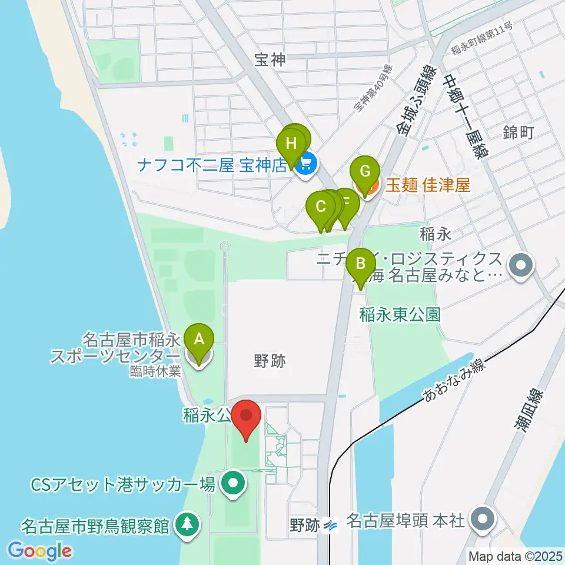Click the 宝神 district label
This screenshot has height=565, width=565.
[x=270, y=59]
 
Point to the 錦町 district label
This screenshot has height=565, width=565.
[x=518, y=132]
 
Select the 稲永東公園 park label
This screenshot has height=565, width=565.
[x=400, y=314]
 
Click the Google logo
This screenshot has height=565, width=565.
[x=40, y=551]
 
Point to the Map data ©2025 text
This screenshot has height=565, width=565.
[x=515, y=556]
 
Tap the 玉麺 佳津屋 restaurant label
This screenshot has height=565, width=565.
[x=428, y=186]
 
